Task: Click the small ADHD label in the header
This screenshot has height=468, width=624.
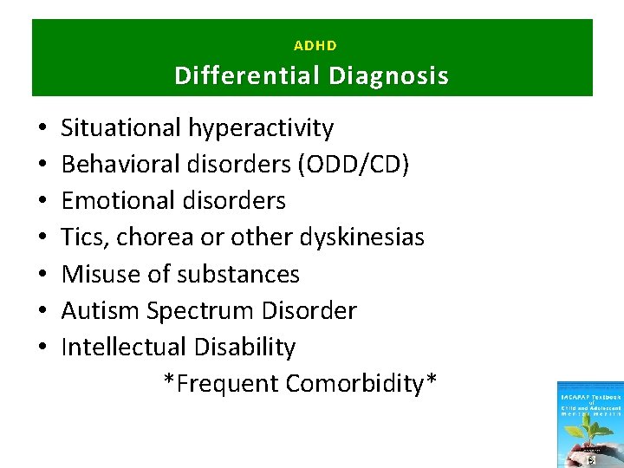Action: (x=315, y=45)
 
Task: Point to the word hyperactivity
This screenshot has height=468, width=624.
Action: (x=258, y=128)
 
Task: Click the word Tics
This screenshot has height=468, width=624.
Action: (x=82, y=237)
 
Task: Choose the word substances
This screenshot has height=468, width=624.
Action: (x=237, y=274)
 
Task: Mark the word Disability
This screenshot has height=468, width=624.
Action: (x=245, y=347)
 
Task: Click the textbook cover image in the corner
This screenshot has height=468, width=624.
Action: (x=590, y=425)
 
